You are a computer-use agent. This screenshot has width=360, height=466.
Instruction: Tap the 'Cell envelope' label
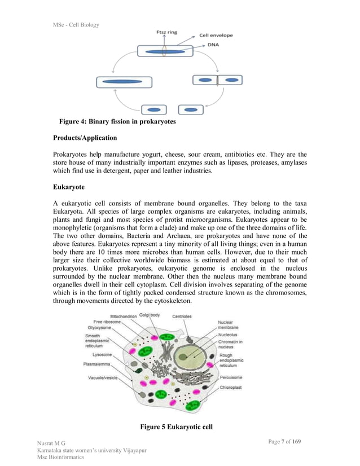pyautogui.click(x=216, y=36)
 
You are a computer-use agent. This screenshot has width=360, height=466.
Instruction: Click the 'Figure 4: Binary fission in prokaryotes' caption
pyautogui.click(x=117, y=122)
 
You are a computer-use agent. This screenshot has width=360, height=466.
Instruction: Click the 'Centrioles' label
pyautogui.click(x=182, y=316)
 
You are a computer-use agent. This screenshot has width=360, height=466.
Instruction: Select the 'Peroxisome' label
pyautogui.click(x=232, y=377)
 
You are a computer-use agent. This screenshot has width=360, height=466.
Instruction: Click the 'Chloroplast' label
pyautogui.click(x=231, y=388)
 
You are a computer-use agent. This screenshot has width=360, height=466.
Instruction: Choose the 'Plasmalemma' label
pyautogui.click(x=96, y=364)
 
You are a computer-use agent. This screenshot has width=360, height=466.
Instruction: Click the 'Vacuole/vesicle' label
pyautogui.click(x=102, y=377)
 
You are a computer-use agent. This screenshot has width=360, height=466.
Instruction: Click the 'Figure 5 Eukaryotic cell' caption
pyautogui.click(x=176, y=427)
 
